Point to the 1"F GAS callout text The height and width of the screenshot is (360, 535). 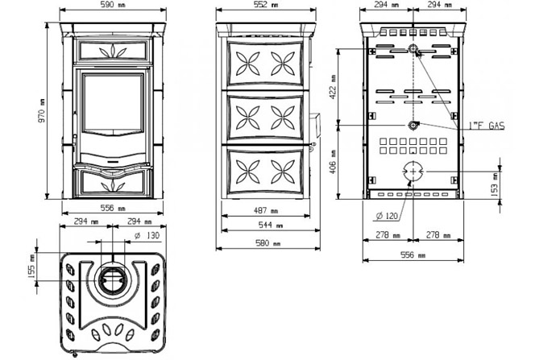486,126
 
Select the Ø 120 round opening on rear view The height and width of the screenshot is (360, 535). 413,172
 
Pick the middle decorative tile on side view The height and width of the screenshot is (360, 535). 263,118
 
